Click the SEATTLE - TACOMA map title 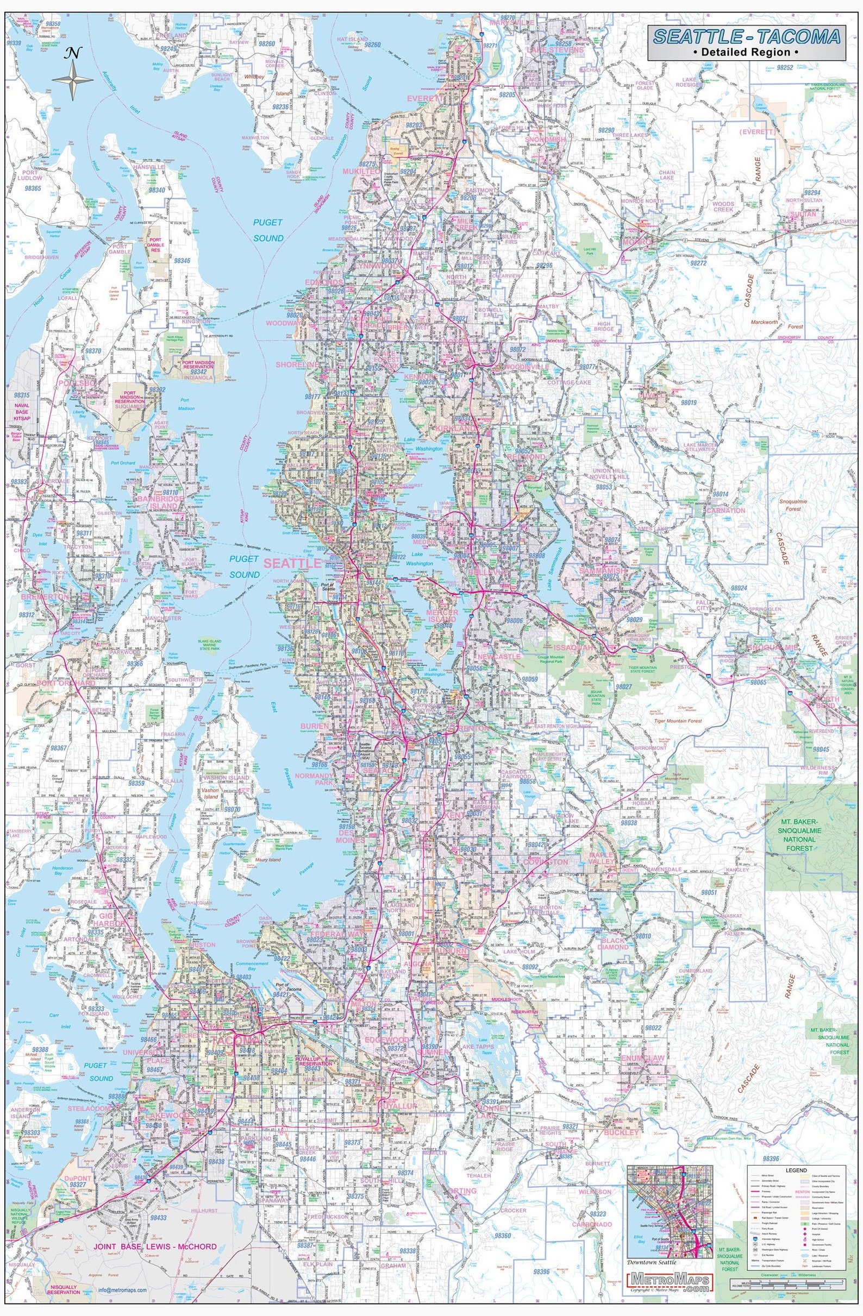tap(747, 37)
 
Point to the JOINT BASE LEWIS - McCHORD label tap(155, 1243)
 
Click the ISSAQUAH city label tap(573, 646)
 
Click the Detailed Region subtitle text tap(747, 53)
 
